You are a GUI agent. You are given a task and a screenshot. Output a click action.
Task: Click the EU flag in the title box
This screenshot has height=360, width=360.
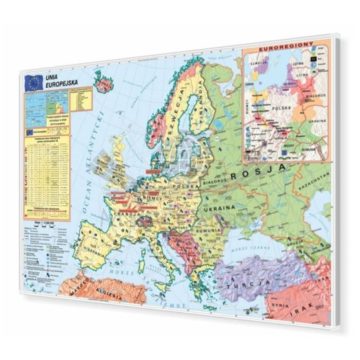(x=32, y=83)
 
